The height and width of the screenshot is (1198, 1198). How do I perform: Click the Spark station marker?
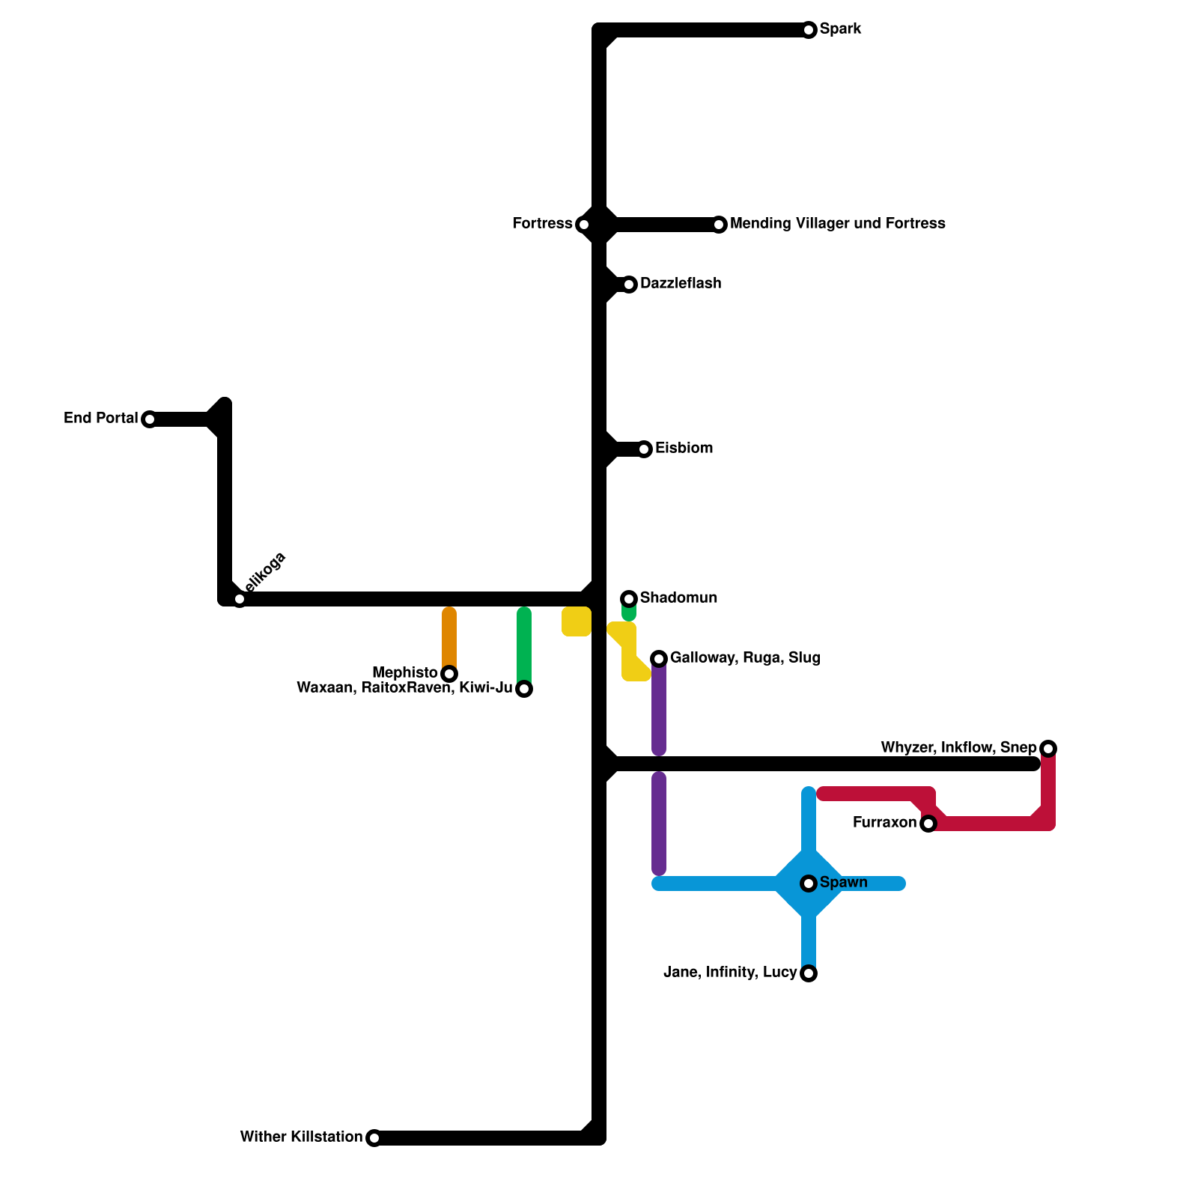809,30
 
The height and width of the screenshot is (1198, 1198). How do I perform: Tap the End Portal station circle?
150,419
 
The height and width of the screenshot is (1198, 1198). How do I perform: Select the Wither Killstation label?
301,1137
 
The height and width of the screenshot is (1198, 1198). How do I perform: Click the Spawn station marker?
809,884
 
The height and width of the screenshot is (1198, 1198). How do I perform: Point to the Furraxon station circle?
928,824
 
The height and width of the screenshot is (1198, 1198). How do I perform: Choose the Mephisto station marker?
449,674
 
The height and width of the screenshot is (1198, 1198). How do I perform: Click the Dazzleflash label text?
681,284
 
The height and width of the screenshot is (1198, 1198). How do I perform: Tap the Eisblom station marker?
644,449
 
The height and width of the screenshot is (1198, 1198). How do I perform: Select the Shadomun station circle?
629,598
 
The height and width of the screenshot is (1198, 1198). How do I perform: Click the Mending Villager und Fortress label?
837,224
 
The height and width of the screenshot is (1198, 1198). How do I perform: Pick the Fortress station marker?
584,225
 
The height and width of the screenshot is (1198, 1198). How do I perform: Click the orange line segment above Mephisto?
449,636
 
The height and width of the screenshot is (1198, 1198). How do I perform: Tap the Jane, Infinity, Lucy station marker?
809,973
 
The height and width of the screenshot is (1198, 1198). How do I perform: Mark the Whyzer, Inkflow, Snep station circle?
1048,749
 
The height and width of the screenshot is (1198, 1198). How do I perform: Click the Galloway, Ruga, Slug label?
745,658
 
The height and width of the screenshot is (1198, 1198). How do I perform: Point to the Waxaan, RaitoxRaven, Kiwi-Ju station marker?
524,689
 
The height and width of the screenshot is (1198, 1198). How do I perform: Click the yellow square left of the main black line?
577,622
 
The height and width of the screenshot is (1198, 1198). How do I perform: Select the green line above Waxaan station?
524,644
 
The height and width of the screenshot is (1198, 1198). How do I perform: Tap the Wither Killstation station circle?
374,1138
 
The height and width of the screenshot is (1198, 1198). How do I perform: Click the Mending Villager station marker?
719,225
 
